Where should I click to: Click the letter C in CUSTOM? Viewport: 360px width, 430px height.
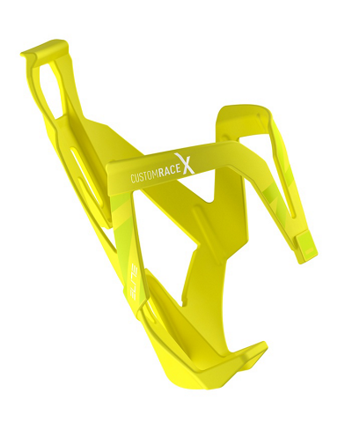click(132, 180)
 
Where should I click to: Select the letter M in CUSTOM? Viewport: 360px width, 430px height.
click(157, 172)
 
